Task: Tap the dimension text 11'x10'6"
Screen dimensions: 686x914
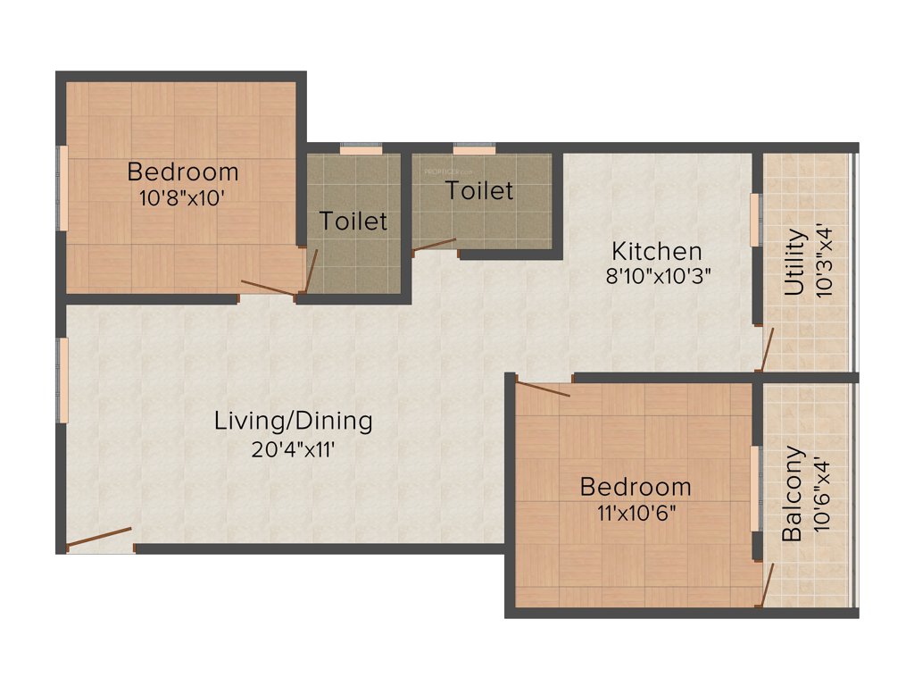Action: (635, 514)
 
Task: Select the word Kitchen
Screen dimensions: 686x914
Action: (656, 250)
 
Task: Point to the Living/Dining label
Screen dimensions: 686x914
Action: (293, 420)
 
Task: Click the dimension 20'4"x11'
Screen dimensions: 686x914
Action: (293, 448)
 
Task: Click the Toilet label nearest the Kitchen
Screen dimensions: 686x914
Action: (479, 190)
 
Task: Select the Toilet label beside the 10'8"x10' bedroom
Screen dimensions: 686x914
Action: (353, 221)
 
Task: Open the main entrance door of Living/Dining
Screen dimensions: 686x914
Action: (100, 539)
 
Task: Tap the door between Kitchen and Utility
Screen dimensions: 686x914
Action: (766, 349)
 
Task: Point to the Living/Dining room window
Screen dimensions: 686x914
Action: (63, 379)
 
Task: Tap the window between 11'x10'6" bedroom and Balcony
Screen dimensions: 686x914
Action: (754, 488)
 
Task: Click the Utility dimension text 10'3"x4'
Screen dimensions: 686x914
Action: (827, 263)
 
